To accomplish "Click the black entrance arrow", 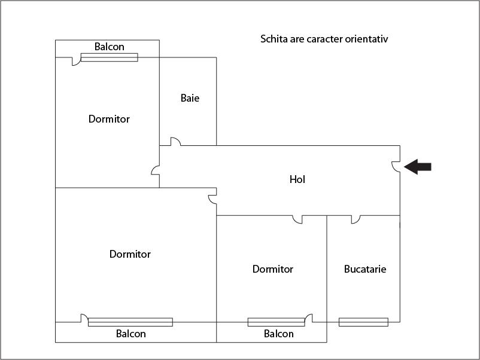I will pyautogui.click(x=418, y=167).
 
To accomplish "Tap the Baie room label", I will pyautogui.click(x=190, y=98).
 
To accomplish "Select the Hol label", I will pyautogui.click(x=297, y=179).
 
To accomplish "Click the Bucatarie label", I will pyautogui.click(x=365, y=269).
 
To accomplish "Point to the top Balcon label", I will pyautogui.click(x=110, y=47).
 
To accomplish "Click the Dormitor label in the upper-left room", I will pyautogui.click(x=109, y=119).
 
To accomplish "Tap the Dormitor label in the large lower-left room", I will pyautogui.click(x=130, y=254).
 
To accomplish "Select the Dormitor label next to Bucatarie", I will pyautogui.click(x=273, y=269).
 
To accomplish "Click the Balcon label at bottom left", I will pyautogui.click(x=131, y=334).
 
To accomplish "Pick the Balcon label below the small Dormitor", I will pyautogui.click(x=279, y=334).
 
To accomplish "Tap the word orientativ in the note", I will pyautogui.click(x=367, y=39).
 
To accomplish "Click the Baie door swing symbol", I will pyautogui.click(x=175, y=142).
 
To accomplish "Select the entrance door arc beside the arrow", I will pyautogui.click(x=396, y=166).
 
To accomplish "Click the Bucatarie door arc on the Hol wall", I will pyautogui.click(x=356, y=219).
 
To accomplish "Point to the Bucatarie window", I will pyautogui.click(x=363, y=322).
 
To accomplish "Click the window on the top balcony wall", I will pyautogui.click(x=109, y=57).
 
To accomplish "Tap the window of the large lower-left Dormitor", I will pyautogui.click(x=130, y=322).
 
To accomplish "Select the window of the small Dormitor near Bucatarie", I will pyautogui.click(x=276, y=322).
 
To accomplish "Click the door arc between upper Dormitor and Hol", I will pyautogui.click(x=156, y=170).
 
